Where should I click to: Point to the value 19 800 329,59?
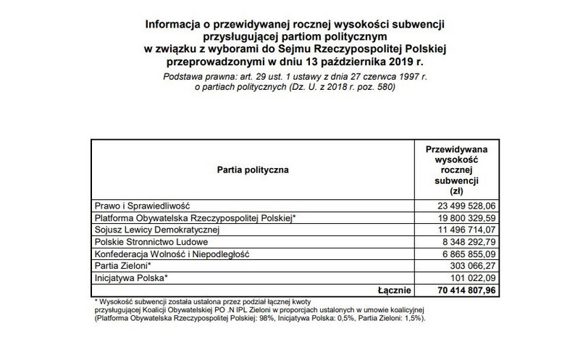pos(456,217)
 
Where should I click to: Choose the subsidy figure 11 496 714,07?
pos(456,229)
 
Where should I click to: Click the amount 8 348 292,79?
pos(459,241)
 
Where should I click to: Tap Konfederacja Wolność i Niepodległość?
pos(172,254)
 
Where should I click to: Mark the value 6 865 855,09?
pos(459,254)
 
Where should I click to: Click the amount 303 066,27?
pos(466,266)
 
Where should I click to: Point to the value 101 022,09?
pos(466,277)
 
